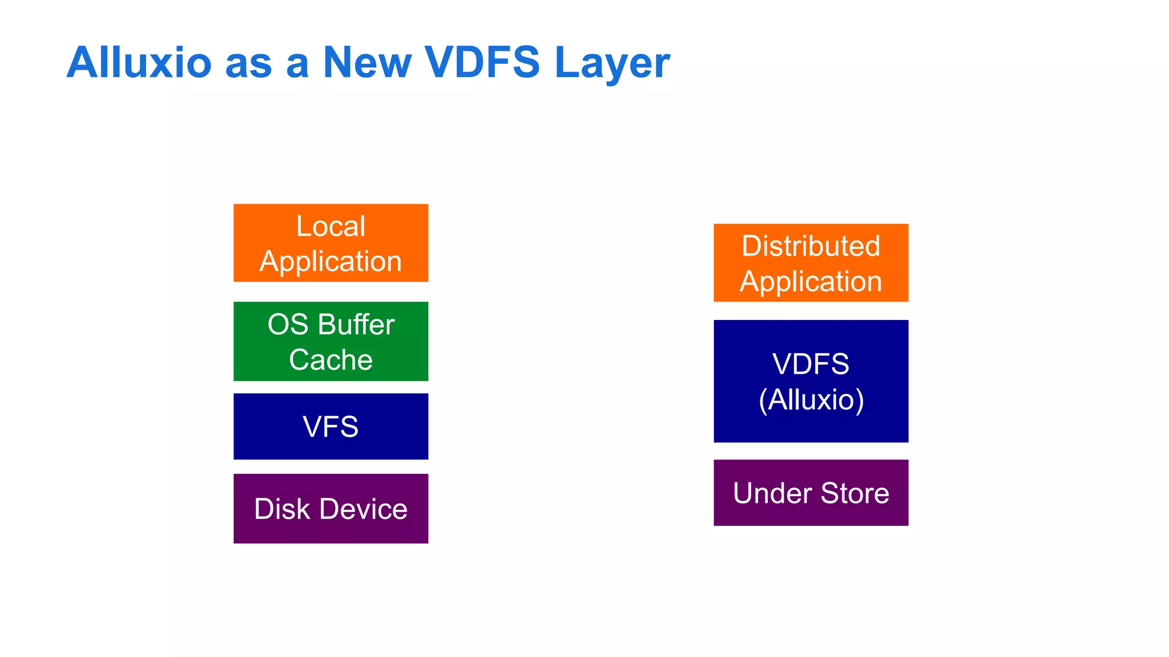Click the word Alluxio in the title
click(x=139, y=62)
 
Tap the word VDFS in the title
click(x=482, y=62)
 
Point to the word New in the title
click(x=367, y=62)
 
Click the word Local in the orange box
click(x=330, y=226)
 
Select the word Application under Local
click(x=330, y=262)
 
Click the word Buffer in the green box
click(x=356, y=325)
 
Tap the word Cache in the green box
click(x=330, y=360)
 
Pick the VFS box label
click(x=330, y=427)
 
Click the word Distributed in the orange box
click(x=811, y=246)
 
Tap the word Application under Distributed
click(x=811, y=282)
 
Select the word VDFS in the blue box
click(x=811, y=364)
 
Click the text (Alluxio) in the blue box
click(x=811, y=399)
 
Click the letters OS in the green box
click(x=288, y=325)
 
